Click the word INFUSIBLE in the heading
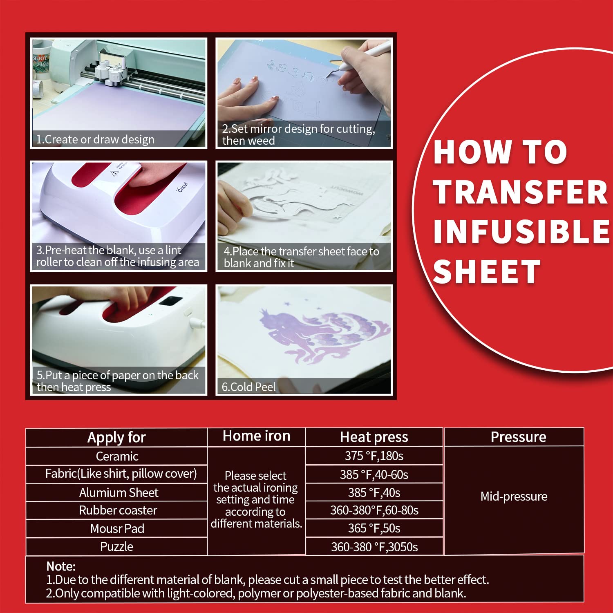click(x=521, y=231)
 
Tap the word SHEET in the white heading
click(x=486, y=272)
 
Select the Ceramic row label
click(x=117, y=456)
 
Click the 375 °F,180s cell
click(x=374, y=456)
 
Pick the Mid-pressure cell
click(x=514, y=496)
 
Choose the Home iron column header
click(x=256, y=436)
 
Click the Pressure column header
click(x=518, y=437)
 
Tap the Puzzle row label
click(x=117, y=546)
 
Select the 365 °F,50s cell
click(x=374, y=528)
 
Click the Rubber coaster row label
click(x=118, y=510)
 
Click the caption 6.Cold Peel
click(x=248, y=387)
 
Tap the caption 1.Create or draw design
click(x=95, y=139)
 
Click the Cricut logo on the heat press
click(x=182, y=188)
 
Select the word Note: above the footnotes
click(x=61, y=566)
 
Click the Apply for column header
click(x=116, y=437)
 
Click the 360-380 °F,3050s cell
click(x=374, y=547)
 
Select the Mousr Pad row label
click(x=117, y=528)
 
